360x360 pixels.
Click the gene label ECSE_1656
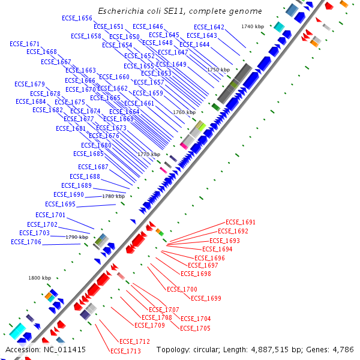(x=77, y=19)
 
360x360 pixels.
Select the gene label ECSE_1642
(x=209, y=28)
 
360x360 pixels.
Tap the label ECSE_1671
(x=25, y=44)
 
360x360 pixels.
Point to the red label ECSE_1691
(x=241, y=223)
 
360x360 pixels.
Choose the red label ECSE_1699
(x=206, y=299)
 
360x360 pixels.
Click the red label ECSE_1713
(x=125, y=352)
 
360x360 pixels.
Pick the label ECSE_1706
(x=26, y=242)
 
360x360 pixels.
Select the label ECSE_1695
(x=60, y=205)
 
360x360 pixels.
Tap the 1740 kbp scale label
(x=253, y=27)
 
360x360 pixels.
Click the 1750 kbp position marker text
(x=218, y=70)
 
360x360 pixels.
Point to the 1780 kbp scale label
(x=113, y=196)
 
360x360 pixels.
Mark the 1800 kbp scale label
(x=40, y=278)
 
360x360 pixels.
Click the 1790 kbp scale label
(x=77, y=237)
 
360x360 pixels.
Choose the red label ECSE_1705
(x=195, y=329)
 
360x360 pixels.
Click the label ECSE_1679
(x=29, y=84)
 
